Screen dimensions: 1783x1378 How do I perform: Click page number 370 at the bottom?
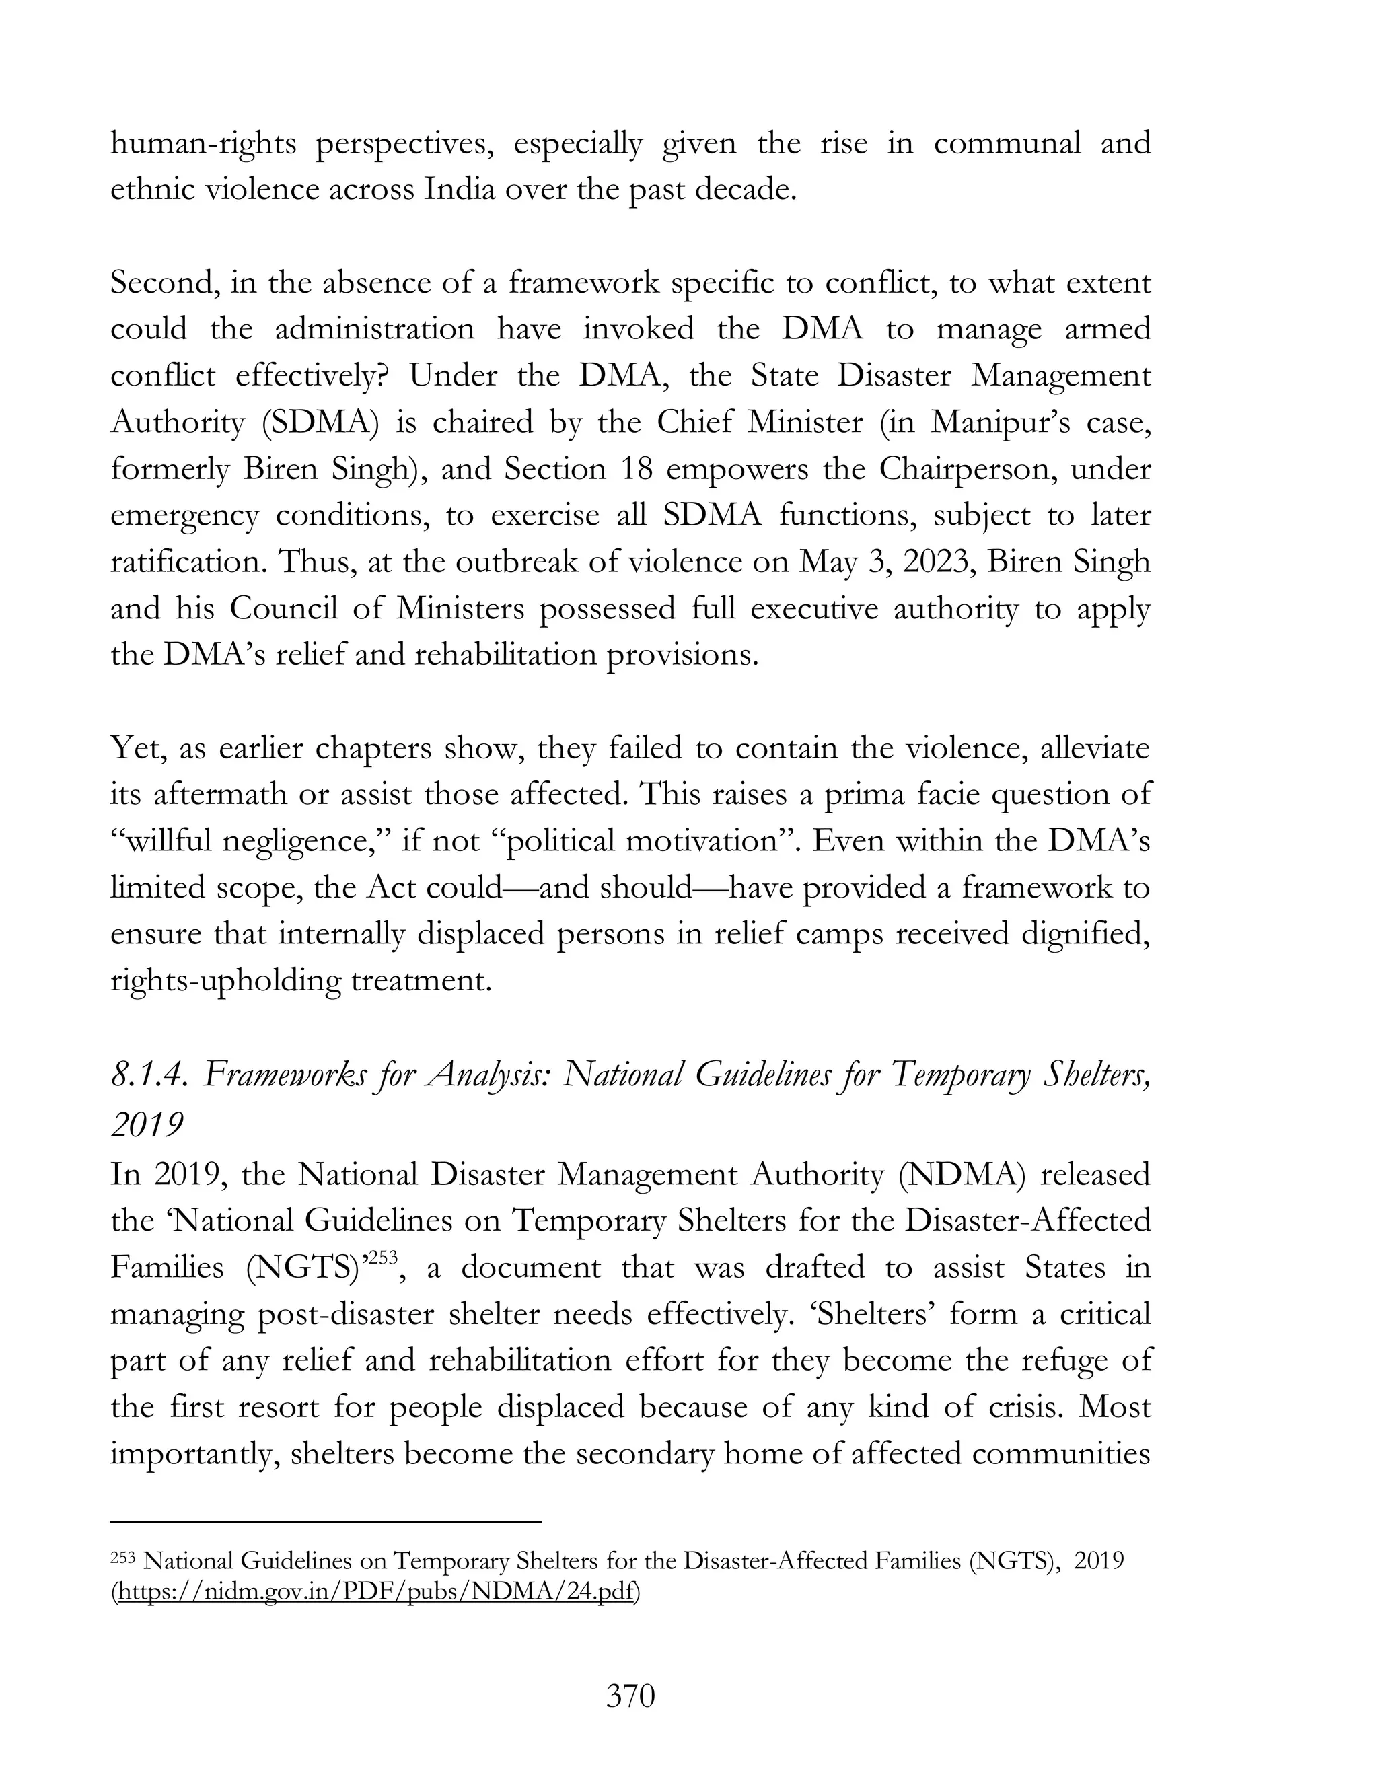[x=630, y=1696]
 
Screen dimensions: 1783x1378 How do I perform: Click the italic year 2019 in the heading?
[x=147, y=1124]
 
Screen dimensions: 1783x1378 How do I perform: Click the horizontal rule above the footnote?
[x=326, y=1521]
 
